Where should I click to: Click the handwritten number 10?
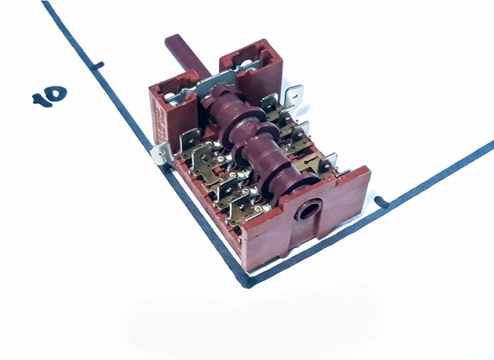49,95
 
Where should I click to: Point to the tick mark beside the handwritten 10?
97,66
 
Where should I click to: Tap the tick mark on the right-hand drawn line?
382,202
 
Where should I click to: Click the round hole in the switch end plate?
308,211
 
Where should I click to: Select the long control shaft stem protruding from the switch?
187,56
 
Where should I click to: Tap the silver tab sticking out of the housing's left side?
160,154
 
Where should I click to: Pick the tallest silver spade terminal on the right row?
295,95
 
